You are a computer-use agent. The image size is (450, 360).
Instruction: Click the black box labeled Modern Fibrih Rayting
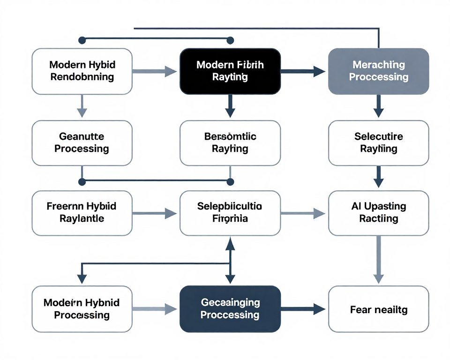pos(230,71)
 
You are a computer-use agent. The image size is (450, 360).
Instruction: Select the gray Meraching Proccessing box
pos(378,71)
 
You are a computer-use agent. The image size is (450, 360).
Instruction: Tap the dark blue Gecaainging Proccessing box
pos(230,309)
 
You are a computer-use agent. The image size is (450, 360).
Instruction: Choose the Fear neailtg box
pos(378,309)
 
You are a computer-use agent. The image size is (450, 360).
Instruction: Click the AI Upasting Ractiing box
pos(378,212)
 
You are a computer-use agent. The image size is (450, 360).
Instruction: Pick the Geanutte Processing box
pos(82,143)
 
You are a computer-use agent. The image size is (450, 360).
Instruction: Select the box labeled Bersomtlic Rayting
pos(230,143)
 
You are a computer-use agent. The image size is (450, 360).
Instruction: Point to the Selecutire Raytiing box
pos(378,143)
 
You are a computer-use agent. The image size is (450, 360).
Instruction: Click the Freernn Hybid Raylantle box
pos(82,212)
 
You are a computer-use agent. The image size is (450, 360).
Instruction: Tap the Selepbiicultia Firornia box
pos(230,212)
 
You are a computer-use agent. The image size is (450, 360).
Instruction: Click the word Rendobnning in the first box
pos(82,77)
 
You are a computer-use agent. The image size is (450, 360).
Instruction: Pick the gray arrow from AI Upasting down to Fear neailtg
pos(378,260)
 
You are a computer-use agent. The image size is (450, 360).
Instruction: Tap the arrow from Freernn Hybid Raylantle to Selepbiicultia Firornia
pos(155,214)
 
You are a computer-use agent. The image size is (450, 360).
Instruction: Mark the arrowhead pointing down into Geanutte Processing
pos(82,112)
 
